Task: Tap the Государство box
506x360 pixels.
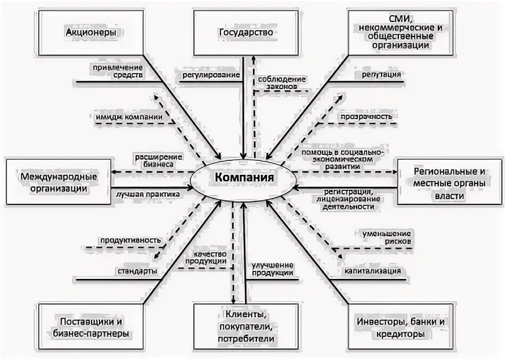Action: pos(246,34)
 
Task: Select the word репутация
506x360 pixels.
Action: pos(382,75)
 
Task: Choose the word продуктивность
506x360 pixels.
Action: pos(130,240)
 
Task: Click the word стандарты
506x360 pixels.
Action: pos(137,271)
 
